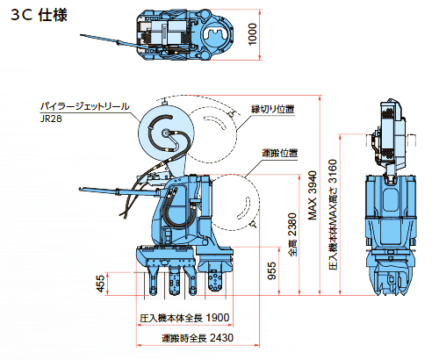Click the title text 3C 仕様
pos(39,15)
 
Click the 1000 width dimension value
pos(252,34)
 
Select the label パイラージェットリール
pos(84,106)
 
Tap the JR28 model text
pos(51,119)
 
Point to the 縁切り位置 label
pos(273,109)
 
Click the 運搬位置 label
pos(279,153)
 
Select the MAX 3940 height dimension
pos(313,195)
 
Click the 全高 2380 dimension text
pos(292,234)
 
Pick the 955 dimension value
pos(272,270)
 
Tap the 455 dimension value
pos(100,284)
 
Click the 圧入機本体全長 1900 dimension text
pos(184,318)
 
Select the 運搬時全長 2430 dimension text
pos(198,338)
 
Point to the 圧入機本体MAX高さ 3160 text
pos(333,214)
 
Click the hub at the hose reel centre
pos(166,133)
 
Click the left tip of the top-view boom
pos(81,35)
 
